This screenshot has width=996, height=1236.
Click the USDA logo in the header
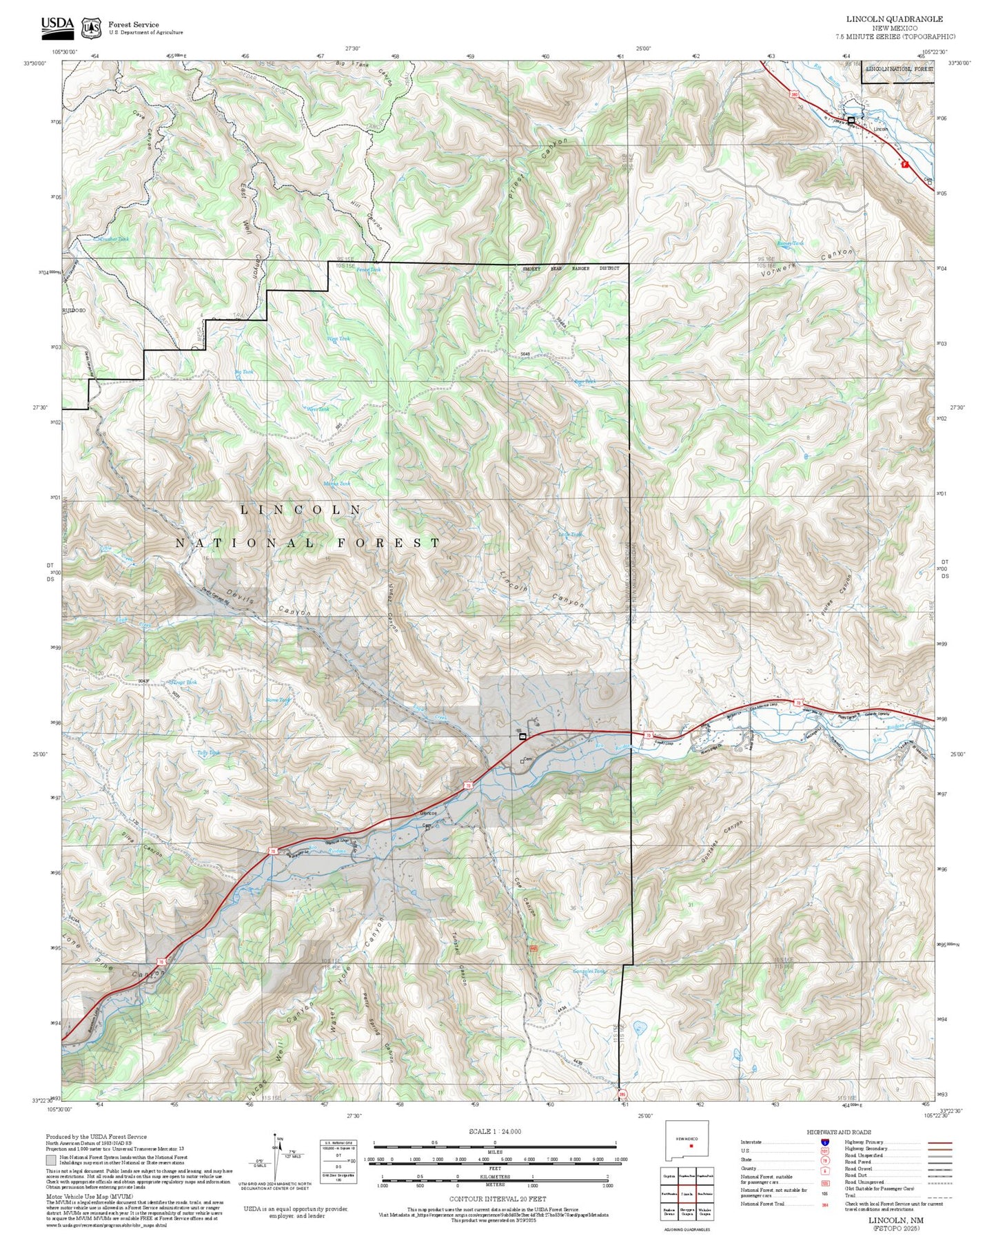[57, 25]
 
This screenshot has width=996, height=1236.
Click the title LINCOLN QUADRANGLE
[894, 19]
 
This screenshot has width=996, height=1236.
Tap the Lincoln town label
[880, 130]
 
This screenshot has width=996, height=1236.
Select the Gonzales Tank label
[589, 971]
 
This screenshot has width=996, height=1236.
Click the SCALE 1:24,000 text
[494, 1132]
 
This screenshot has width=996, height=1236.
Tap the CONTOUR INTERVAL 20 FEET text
[494, 1199]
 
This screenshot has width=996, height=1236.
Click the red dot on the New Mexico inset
[690, 1146]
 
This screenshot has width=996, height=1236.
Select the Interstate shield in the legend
[824, 1142]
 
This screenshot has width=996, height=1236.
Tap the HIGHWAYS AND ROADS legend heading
[838, 1132]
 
